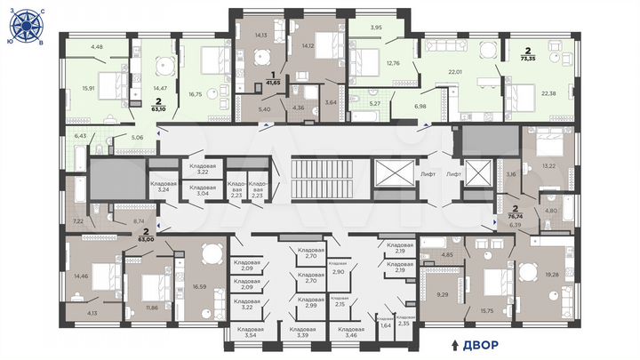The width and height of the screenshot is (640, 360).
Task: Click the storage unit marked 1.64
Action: point(385,326)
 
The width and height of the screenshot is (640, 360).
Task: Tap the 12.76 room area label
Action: point(392,62)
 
